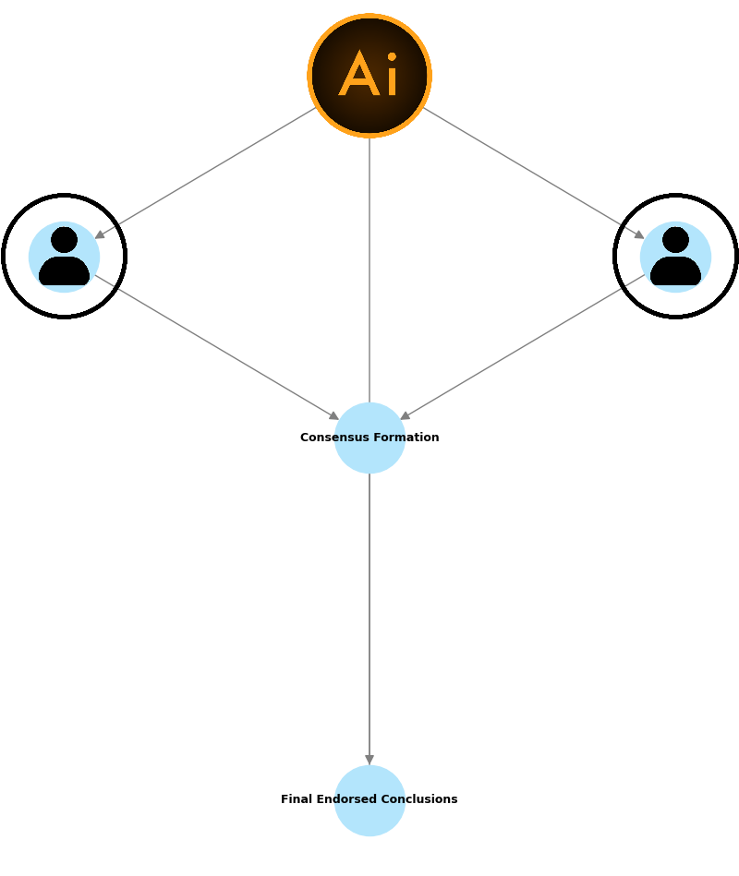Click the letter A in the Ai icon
coord(359,76)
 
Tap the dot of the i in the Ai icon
coord(392,57)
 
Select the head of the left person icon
coord(64,240)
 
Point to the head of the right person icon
coord(675,240)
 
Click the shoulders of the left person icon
coord(64,270)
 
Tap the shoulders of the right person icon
coord(675,270)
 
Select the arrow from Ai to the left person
coord(205,174)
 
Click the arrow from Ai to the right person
coord(534,174)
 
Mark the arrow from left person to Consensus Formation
coord(217,347)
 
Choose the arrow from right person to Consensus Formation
coord(522,347)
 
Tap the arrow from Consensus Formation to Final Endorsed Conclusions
coord(369,618)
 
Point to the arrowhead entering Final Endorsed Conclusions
coord(369,760)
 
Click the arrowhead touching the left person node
coord(100,234)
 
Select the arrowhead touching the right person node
coord(639,234)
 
